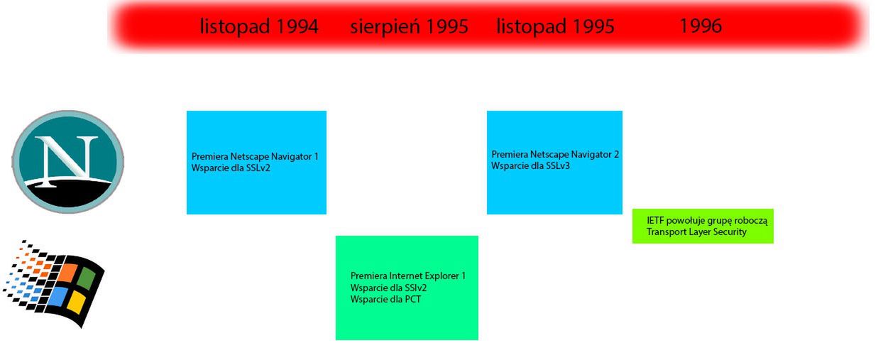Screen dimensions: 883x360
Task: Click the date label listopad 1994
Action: [x=259, y=26]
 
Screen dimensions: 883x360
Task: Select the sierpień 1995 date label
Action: [x=409, y=26]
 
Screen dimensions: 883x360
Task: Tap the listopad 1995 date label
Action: [x=555, y=26]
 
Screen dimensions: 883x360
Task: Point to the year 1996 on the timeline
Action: [x=701, y=26]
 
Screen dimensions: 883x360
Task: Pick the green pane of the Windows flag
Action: [x=87, y=277]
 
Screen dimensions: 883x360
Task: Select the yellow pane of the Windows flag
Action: [x=77, y=302]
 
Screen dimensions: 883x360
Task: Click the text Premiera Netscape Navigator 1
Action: [x=255, y=156]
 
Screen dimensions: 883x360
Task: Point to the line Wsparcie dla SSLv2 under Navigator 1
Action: [x=231, y=168]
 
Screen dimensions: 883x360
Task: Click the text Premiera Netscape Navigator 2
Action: [x=555, y=154]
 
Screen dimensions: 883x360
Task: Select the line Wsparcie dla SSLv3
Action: [x=530, y=165]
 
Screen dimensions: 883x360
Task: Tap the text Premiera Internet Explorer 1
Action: [x=408, y=276]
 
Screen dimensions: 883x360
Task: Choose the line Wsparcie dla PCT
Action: [x=385, y=299]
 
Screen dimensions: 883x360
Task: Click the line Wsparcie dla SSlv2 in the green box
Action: [x=388, y=288]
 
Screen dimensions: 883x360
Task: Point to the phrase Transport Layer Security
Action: [x=696, y=232]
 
